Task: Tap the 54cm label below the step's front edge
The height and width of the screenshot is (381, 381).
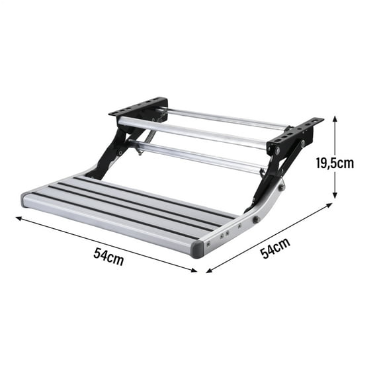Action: (x=107, y=257)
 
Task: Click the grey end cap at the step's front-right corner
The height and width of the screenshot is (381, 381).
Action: (x=198, y=249)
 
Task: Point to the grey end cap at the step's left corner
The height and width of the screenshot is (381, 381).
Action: (x=27, y=199)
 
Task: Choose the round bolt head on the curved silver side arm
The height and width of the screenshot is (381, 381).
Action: (x=255, y=219)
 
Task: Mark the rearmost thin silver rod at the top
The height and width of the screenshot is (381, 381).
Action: (x=225, y=118)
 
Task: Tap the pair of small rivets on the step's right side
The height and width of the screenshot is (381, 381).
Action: (x=224, y=234)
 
